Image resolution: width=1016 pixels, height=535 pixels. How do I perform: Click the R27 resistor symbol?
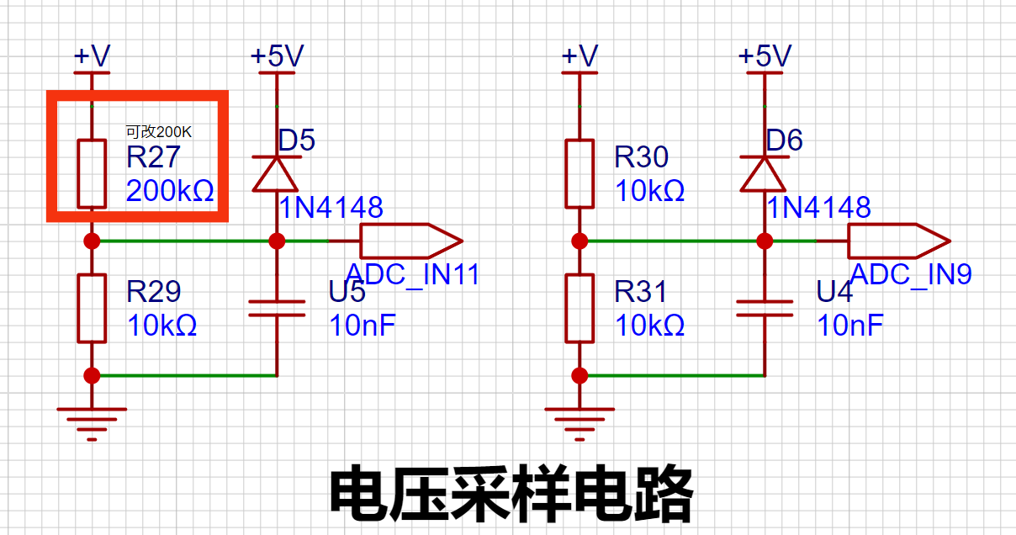tap(92, 174)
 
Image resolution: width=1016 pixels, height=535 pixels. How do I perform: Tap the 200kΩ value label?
tap(170, 191)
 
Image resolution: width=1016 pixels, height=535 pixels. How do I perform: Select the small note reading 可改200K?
tap(159, 131)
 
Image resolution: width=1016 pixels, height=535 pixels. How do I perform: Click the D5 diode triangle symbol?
tap(276, 174)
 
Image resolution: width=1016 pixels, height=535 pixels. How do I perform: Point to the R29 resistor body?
tap(92, 308)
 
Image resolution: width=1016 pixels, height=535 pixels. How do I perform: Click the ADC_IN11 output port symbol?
tap(411, 241)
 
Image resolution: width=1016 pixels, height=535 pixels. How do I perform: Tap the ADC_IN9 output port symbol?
tap(899, 241)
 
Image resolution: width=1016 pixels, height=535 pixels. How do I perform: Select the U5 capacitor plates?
tap(277, 308)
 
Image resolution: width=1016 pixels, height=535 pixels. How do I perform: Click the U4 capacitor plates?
tap(765, 308)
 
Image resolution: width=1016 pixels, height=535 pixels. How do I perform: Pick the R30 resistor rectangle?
tap(579, 174)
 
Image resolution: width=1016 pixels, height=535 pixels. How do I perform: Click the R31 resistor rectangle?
tap(579, 308)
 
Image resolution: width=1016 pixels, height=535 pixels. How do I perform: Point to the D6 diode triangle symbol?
tap(764, 174)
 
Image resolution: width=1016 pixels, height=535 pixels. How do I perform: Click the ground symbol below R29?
tap(92, 424)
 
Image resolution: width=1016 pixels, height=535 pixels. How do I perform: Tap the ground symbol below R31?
tap(579, 424)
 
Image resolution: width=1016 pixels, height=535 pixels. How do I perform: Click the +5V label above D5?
tap(278, 56)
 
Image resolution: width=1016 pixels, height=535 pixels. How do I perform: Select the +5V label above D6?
tap(765, 56)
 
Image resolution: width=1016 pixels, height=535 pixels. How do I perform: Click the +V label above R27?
tap(92, 56)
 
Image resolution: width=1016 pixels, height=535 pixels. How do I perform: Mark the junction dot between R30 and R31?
tap(579, 241)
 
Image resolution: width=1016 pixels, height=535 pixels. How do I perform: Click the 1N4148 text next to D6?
tap(818, 208)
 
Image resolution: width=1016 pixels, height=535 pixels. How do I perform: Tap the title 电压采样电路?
tap(511, 494)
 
